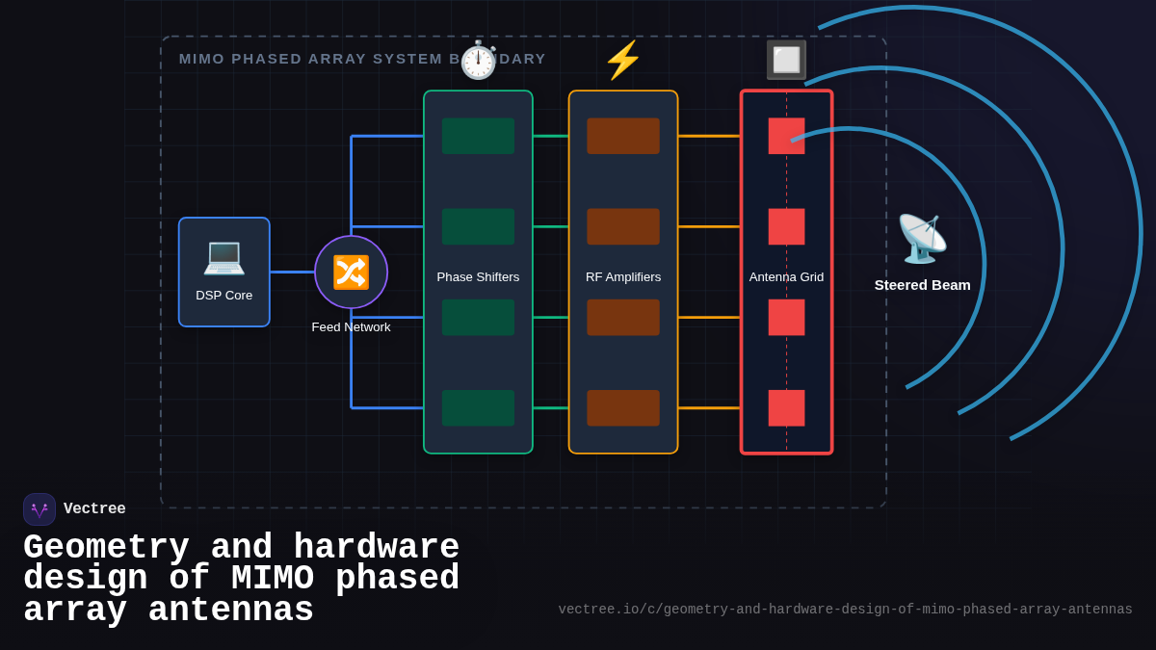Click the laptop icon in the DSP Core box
(223, 256)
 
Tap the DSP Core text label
(223, 296)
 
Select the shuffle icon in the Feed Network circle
(351, 273)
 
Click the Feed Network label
(351, 327)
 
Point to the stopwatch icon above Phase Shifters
(478, 61)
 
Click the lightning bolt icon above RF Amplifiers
(623, 60)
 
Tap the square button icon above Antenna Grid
(786, 60)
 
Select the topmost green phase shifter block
(478, 136)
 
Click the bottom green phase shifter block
(478, 408)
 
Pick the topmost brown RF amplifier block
(623, 136)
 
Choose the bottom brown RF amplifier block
(623, 408)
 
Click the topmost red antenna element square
(786, 136)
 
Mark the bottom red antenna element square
(786, 408)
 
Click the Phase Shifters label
(478, 277)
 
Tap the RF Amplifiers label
(623, 277)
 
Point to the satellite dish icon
(922, 239)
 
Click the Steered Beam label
(922, 285)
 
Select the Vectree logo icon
(39, 509)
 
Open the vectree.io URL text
(845, 610)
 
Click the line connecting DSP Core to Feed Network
(292, 273)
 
